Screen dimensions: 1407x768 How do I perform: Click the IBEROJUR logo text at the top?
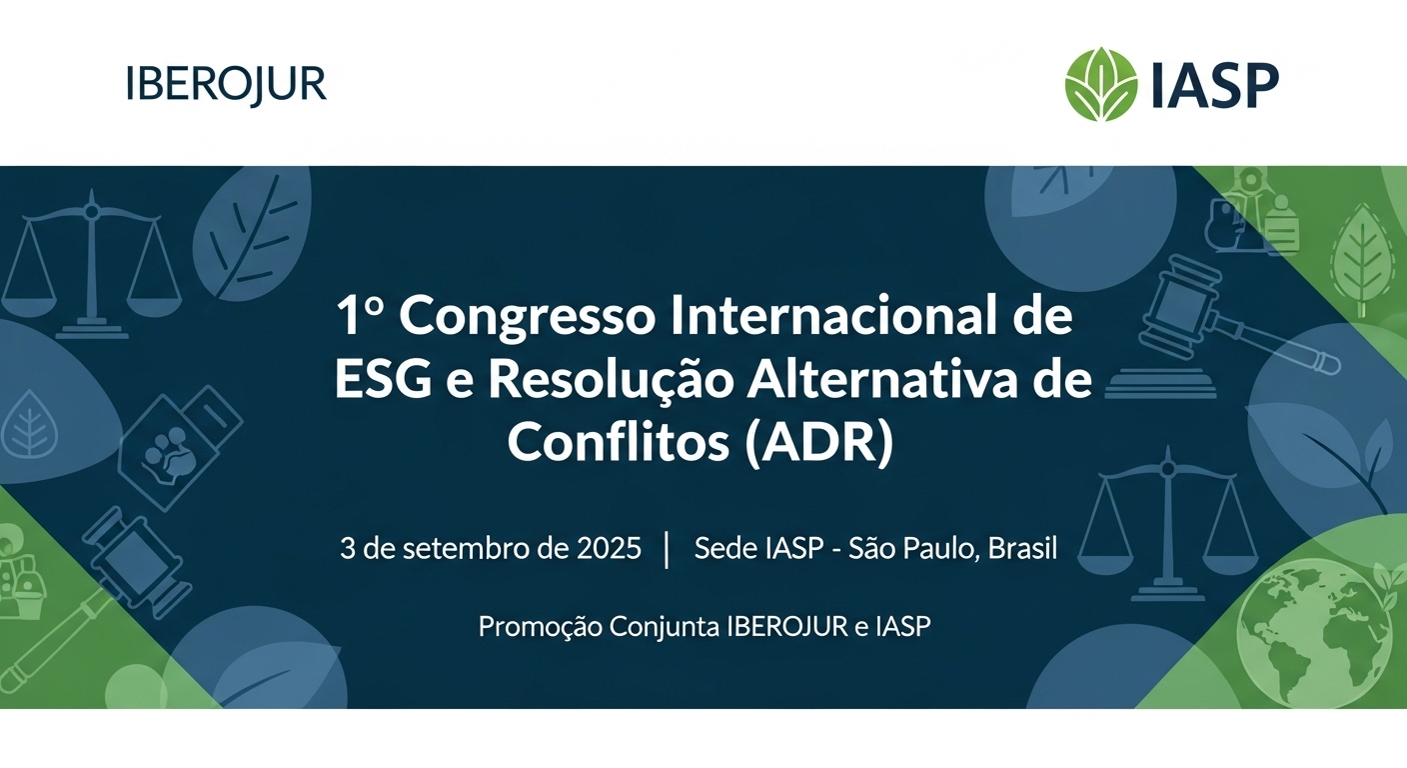(226, 84)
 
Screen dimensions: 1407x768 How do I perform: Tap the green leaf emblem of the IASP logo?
(1100, 84)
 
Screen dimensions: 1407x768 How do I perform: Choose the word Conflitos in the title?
(619, 441)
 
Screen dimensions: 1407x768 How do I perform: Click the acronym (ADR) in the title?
(818, 443)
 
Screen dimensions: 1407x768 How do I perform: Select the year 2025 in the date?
(609, 548)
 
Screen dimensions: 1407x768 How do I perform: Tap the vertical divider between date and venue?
(667, 550)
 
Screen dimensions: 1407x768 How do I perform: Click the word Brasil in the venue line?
(1022, 548)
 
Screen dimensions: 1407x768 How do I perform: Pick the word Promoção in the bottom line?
(540, 627)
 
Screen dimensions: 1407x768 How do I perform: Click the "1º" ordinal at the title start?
(360, 316)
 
